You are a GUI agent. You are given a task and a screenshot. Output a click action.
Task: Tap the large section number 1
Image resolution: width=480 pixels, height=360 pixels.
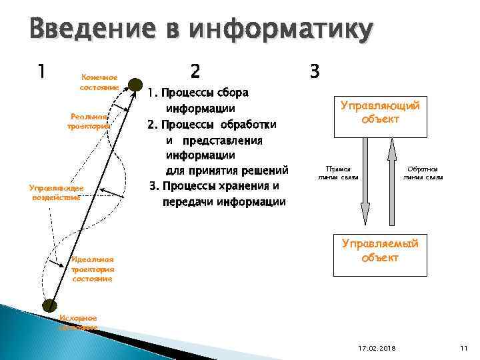pyautogui.click(x=42, y=71)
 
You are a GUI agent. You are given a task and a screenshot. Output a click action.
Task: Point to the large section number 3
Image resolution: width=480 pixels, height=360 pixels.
pyautogui.click(x=315, y=71)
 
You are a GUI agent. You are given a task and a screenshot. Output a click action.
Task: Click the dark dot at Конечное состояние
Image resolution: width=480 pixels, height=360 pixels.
pyautogui.click(x=135, y=84)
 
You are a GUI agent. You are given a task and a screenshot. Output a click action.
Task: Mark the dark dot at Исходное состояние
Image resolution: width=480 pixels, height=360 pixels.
pyautogui.click(x=49, y=306)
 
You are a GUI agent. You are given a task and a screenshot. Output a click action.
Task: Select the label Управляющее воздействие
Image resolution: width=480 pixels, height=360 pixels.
pyautogui.click(x=55, y=193)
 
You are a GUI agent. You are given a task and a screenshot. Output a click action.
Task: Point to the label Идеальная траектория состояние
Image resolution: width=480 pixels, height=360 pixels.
pyautogui.click(x=93, y=269)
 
